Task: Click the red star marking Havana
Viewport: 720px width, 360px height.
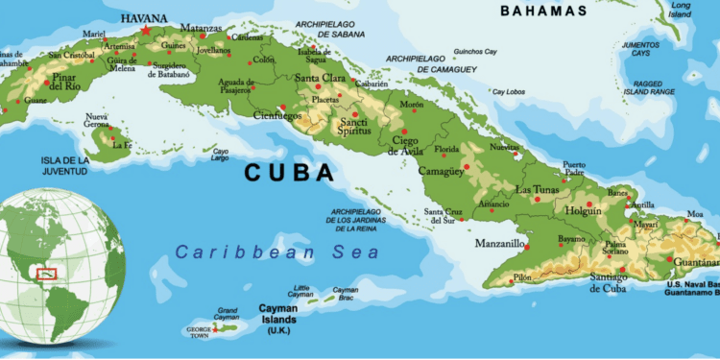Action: click(x=146, y=30)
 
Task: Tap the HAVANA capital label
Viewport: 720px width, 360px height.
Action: click(x=144, y=17)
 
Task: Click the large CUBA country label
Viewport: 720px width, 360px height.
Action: click(x=289, y=173)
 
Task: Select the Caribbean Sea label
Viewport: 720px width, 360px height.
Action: click(x=277, y=252)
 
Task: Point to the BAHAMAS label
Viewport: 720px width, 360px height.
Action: click(x=543, y=11)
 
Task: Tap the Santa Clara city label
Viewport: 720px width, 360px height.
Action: click(x=321, y=78)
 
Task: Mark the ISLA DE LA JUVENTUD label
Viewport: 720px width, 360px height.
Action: click(x=64, y=165)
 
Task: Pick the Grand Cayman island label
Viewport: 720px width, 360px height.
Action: click(x=227, y=315)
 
